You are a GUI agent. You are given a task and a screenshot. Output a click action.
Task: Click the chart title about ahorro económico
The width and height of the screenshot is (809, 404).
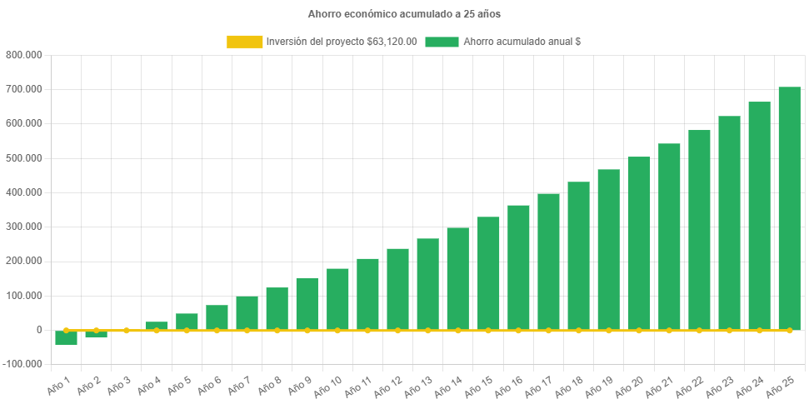click(x=404, y=14)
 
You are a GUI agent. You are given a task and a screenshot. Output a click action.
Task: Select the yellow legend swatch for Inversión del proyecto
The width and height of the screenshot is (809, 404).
click(x=243, y=42)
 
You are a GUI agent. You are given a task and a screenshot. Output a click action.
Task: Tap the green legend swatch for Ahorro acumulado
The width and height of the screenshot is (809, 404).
click(x=442, y=42)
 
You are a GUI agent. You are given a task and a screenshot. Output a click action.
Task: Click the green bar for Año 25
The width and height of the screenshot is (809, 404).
click(x=789, y=208)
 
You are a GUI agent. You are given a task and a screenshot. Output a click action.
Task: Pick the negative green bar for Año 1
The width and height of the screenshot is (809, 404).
click(x=66, y=338)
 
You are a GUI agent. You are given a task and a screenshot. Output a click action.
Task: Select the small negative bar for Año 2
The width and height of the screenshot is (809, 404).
click(x=96, y=334)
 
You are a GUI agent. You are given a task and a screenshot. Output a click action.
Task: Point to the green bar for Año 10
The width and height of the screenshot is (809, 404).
click(x=337, y=299)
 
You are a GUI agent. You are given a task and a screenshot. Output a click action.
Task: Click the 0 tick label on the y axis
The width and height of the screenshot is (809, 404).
click(x=38, y=330)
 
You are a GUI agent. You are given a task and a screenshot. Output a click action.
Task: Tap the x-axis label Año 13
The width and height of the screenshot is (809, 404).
click(x=417, y=387)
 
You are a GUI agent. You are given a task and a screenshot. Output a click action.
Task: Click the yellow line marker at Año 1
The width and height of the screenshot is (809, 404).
click(x=66, y=330)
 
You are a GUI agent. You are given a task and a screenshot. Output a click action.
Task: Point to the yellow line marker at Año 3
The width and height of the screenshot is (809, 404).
click(x=127, y=330)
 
